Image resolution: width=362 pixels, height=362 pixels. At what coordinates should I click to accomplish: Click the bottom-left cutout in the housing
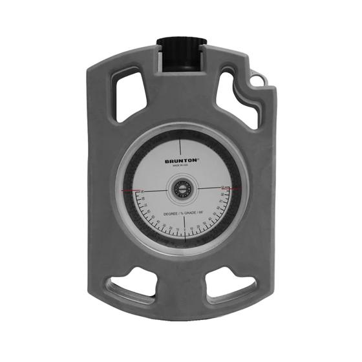point(133,288)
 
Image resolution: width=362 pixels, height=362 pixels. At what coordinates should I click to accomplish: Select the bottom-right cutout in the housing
point(229,288)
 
